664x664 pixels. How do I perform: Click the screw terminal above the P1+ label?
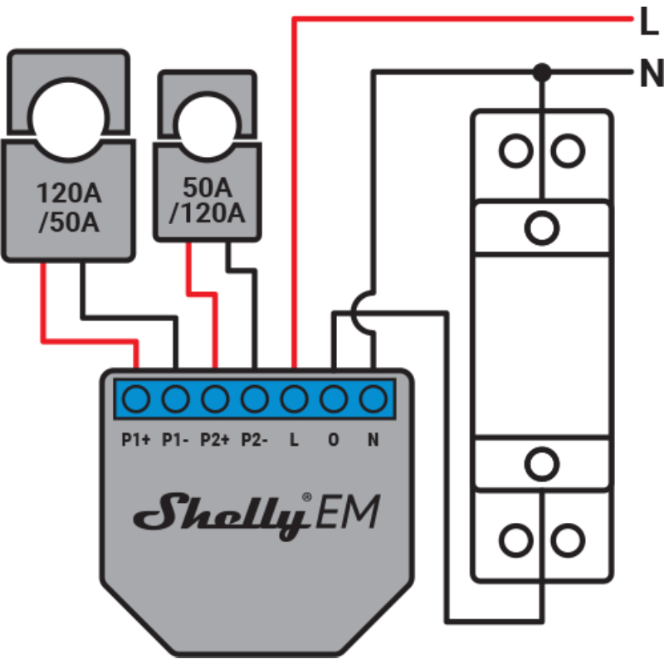pos(135,400)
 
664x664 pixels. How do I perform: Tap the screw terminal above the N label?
pos(373,400)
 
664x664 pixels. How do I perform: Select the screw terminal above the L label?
pos(293,400)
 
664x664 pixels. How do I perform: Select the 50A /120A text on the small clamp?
pos(207,201)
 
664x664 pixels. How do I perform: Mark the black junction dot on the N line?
pos(542,72)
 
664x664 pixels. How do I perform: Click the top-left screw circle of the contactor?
pos(515,151)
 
